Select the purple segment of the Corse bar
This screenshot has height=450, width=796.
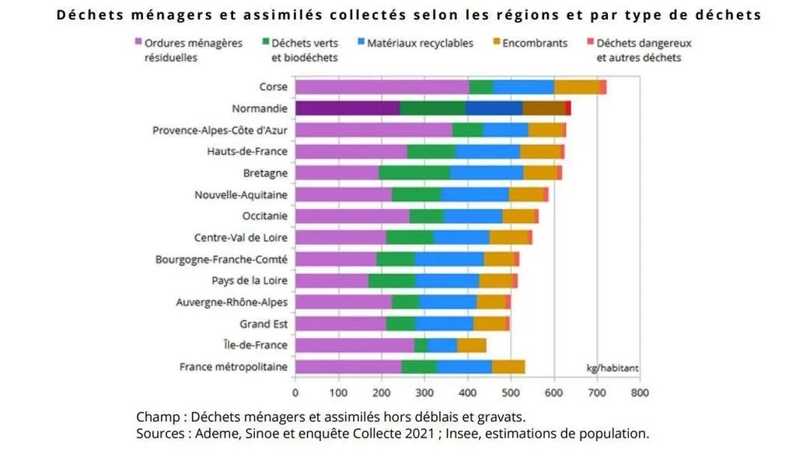382,87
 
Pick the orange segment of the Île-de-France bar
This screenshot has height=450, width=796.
471,345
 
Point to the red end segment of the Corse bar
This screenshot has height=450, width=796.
602,87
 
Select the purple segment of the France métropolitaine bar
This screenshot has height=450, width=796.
348,367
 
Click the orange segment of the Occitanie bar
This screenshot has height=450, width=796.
518,216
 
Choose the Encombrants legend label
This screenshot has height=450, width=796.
536,44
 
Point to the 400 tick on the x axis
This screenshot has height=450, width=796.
467,392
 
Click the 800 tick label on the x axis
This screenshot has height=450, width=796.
639,392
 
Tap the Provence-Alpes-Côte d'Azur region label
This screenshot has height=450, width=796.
220,131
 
